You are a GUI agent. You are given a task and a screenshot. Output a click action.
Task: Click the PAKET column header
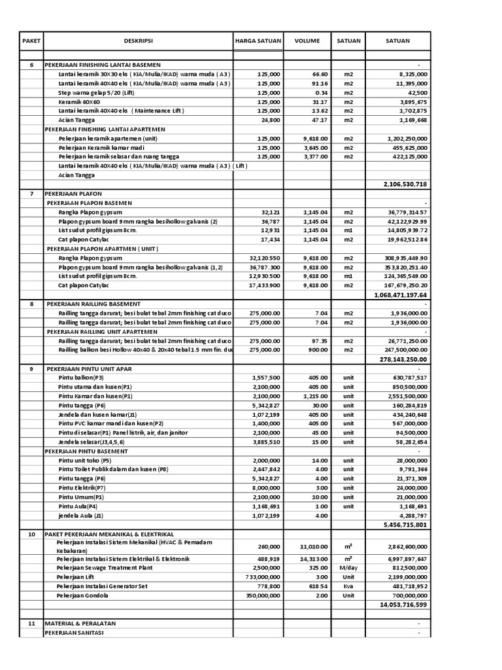(31, 41)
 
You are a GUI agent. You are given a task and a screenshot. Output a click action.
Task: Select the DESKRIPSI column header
(138, 41)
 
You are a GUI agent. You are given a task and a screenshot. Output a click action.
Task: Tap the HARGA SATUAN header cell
(258, 41)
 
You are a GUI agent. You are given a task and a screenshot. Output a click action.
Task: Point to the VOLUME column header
(307, 41)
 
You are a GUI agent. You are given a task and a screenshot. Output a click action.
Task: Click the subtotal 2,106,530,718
(405, 185)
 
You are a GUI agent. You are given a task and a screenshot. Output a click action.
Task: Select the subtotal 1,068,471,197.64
(400, 295)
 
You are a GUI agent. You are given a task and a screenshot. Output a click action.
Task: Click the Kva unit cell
(348, 587)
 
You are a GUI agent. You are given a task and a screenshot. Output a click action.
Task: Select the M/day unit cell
(348, 569)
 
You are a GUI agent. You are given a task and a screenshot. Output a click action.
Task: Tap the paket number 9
(31, 368)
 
